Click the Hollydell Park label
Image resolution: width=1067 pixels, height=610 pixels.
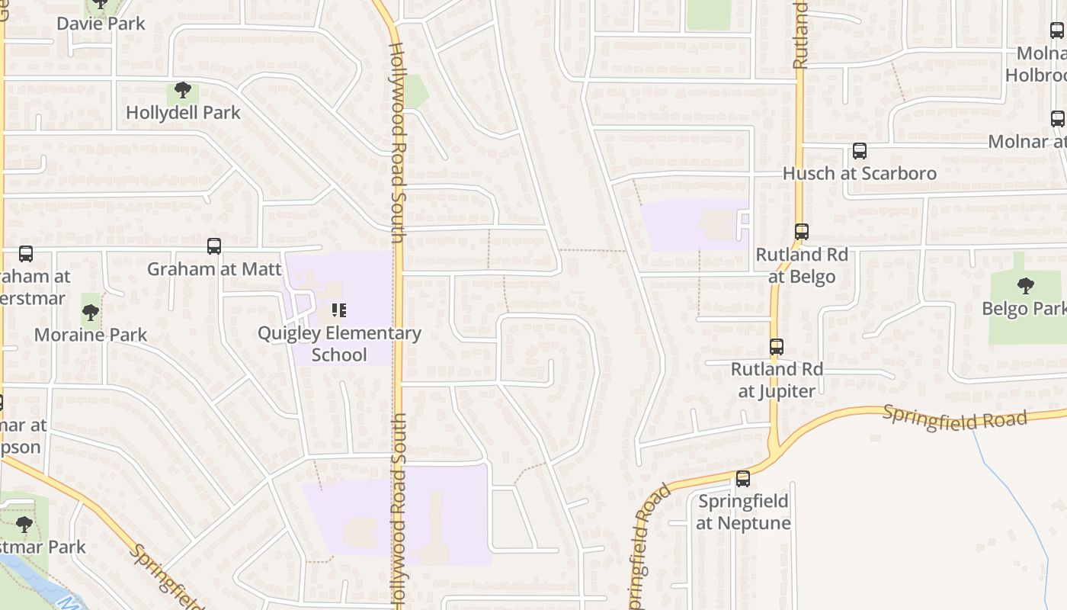tap(183, 113)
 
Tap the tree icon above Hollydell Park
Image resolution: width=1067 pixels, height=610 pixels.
tap(182, 91)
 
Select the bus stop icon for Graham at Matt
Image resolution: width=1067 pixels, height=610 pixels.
tap(214, 246)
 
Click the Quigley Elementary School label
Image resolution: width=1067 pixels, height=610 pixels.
tap(339, 344)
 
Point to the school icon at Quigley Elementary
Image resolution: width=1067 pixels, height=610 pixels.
tap(339, 310)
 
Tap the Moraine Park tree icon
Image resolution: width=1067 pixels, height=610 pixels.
tap(91, 312)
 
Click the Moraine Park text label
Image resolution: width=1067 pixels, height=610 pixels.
tap(91, 335)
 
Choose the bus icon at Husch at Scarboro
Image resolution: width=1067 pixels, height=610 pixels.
tap(860, 151)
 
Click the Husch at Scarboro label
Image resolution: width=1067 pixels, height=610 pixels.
tap(860, 173)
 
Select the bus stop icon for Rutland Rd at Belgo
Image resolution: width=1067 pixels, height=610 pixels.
tap(801, 232)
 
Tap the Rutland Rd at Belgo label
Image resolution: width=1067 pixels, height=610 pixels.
tap(801, 265)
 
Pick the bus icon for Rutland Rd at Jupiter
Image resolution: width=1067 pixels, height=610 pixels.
tap(777, 347)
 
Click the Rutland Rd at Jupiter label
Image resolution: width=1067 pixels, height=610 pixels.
tap(777, 380)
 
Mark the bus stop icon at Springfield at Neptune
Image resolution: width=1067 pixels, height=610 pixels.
tap(743, 479)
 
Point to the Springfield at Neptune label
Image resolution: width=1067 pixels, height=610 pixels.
tap(743, 512)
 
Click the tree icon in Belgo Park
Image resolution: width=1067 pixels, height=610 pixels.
tap(1026, 287)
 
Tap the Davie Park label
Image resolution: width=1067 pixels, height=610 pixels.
tap(101, 24)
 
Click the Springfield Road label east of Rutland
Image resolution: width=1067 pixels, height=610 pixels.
tap(955, 419)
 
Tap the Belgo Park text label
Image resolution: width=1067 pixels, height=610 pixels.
tap(1024, 309)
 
